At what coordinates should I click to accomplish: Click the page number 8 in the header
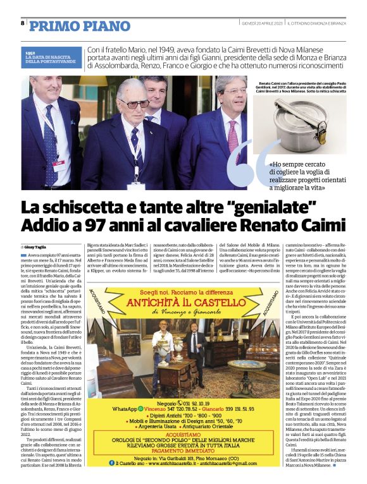point(22,23)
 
